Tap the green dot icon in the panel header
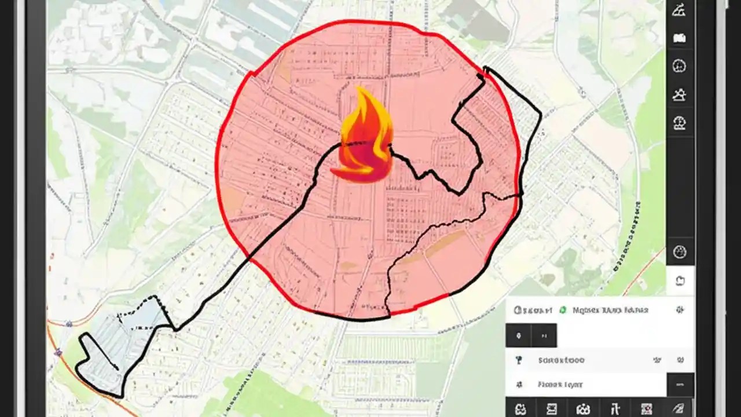pyautogui.click(x=562, y=310)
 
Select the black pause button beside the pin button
pyautogui.click(x=544, y=335)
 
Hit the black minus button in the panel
pyautogui.click(x=680, y=385)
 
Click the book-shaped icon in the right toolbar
pyautogui.click(x=680, y=38)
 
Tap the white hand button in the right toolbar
pyautogui.click(x=680, y=281)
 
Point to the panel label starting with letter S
pyautogui.click(x=561, y=360)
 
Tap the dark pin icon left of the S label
pyautogui.click(x=519, y=360)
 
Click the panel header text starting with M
pyautogui.click(x=610, y=310)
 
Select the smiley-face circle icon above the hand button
pyautogui.click(x=680, y=252)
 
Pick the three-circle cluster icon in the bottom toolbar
pyautogui.click(x=581, y=408)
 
